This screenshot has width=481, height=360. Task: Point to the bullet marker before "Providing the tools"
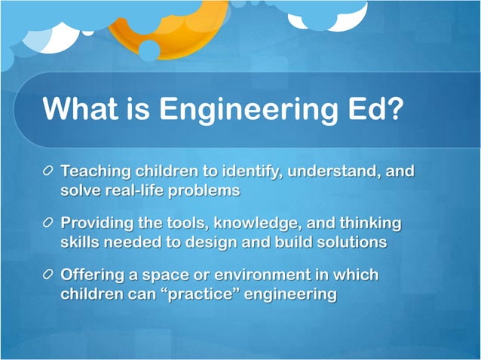[x=48, y=224]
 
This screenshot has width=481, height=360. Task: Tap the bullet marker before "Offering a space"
[x=48, y=276]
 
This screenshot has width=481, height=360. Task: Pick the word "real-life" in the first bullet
[x=133, y=191]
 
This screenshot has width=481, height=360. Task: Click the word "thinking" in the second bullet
[x=370, y=224]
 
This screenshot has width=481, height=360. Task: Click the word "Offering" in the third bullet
[x=93, y=276]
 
